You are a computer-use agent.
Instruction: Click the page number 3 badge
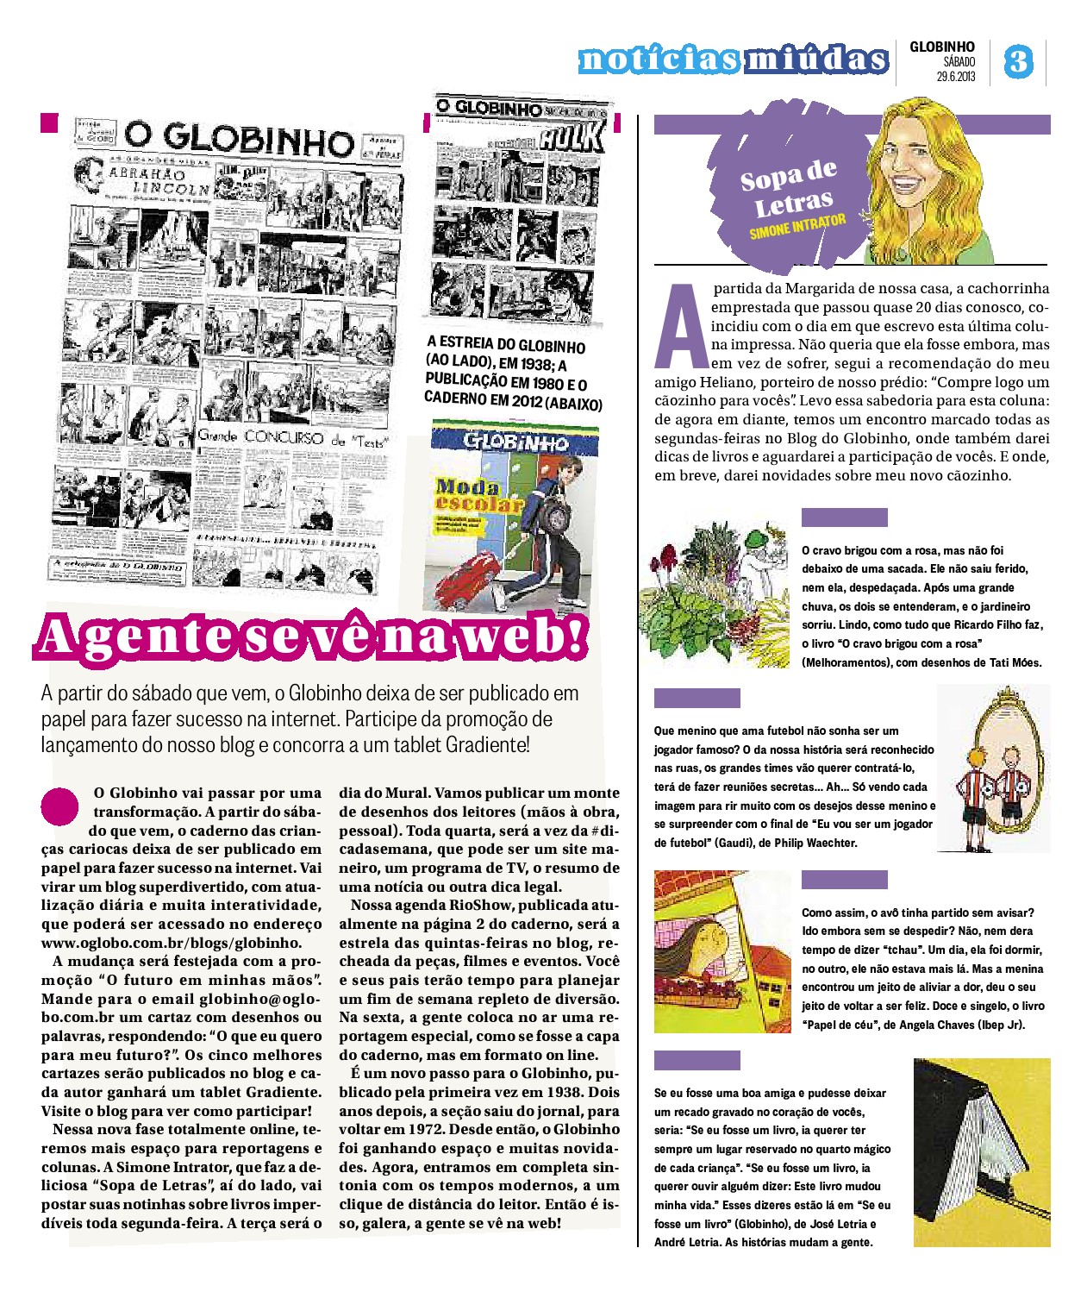point(1018,61)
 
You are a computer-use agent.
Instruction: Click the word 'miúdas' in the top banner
point(815,59)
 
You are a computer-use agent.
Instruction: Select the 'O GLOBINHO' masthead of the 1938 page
point(239,138)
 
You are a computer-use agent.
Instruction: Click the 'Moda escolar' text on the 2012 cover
point(477,494)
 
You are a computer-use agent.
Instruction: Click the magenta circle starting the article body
point(59,806)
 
